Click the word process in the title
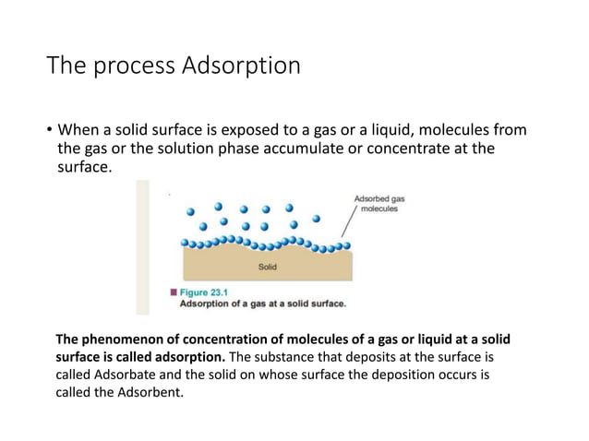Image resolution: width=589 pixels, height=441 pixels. tap(126, 67)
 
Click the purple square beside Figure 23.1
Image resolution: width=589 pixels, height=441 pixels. tap(174, 292)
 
